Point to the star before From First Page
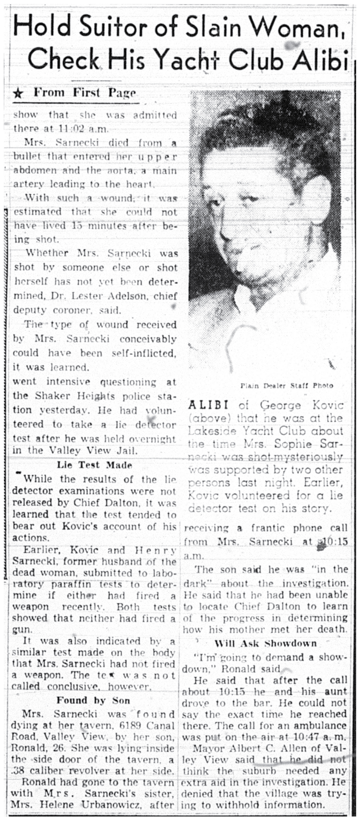point(18,94)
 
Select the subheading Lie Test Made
point(94,465)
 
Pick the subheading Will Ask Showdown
point(265,644)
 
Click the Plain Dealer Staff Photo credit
point(287,386)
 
